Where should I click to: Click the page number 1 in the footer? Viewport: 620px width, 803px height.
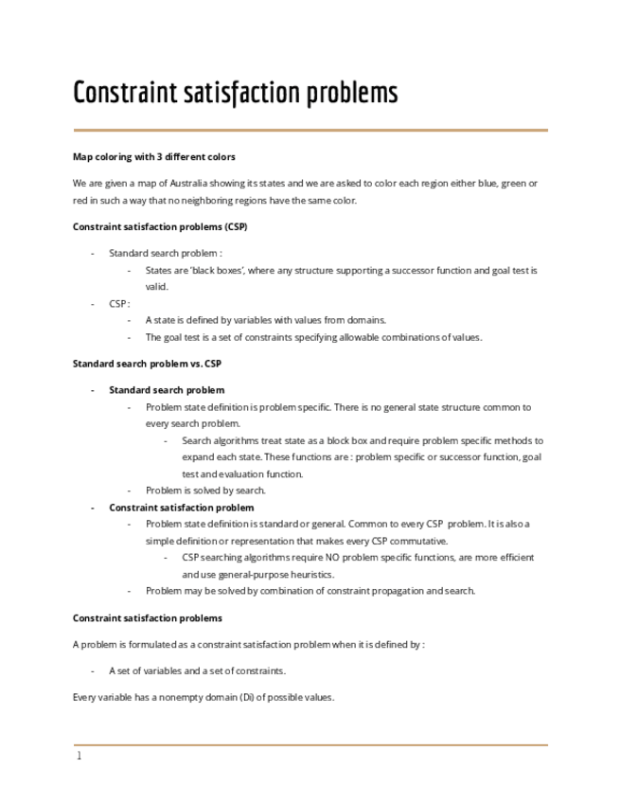coord(80,757)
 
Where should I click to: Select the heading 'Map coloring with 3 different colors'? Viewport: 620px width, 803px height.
coord(154,156)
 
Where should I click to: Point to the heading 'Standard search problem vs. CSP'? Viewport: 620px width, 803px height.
coord(147,363)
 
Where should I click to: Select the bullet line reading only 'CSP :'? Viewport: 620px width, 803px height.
coord(118,303)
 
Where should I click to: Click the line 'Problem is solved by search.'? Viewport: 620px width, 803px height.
coord(205,491)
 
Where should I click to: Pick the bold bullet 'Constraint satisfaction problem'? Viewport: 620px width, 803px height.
coord(181,508)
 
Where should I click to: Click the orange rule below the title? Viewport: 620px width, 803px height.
coord(310,130)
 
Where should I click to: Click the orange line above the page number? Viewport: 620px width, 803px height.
coord(310,744)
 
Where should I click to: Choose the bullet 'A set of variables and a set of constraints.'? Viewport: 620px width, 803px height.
coord(197,670)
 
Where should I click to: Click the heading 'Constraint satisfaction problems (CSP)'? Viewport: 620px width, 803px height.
coord(160,226)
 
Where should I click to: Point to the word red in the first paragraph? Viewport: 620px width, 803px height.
coord(80,200)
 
